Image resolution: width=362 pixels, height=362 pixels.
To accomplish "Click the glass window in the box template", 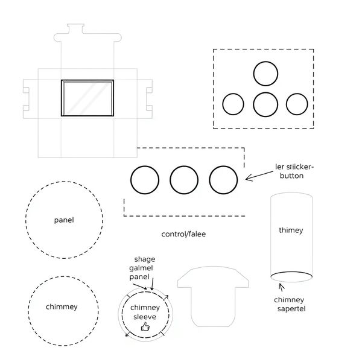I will (87, 97).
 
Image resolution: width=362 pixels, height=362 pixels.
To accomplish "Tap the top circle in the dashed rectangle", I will (265, 74).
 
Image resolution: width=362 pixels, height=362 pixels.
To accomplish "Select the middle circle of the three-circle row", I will (184, 180).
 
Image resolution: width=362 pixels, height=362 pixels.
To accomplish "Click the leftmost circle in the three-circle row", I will (145, 180).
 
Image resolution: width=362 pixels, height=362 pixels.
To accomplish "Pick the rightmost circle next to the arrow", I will (223, 180).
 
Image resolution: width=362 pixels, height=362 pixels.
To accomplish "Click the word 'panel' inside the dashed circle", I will (63, 220).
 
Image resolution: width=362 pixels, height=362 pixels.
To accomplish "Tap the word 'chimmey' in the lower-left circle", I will (62, 306).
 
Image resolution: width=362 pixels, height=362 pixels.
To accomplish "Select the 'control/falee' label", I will (183, 233).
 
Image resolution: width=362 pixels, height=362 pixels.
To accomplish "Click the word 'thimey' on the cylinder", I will (291, 230).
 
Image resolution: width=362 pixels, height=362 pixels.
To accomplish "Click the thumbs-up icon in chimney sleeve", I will (145, 326).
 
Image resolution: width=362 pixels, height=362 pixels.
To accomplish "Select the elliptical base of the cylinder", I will (291, 277).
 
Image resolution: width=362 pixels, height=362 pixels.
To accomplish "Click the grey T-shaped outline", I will (213, 296).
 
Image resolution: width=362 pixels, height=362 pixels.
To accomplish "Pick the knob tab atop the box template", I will (75, 28).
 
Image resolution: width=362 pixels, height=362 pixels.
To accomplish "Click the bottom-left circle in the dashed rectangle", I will (233, 104).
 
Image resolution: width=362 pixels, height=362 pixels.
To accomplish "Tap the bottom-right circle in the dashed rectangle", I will (297, 104).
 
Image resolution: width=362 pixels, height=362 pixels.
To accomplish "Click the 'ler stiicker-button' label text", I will (294, 170).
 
